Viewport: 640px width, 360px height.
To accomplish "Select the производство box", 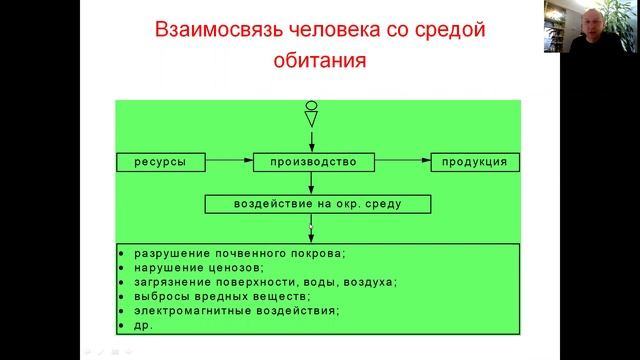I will [313, 161].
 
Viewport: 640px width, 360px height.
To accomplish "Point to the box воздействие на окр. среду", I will [319, 204].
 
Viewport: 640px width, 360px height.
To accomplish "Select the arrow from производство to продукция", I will [401, 161].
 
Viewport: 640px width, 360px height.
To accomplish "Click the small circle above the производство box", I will [312, 105].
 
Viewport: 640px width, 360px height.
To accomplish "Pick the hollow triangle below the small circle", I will [312, 119].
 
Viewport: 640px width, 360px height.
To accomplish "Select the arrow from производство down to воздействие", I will [312, 182].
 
